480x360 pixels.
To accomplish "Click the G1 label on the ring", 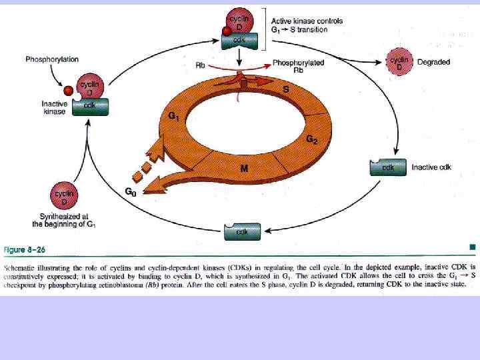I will click(x=173, y=117).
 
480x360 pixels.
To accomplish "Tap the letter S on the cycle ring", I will click(x=286, y=88).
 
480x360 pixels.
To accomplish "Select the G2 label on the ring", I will click(x=311, y=139).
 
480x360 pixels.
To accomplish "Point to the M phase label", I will click(x=244, y=169).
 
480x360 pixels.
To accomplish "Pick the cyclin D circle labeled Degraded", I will click(x=400, y=63).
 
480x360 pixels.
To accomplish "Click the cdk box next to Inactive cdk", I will click(x=387, y=167).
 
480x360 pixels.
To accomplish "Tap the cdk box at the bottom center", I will click(x=241, y=231).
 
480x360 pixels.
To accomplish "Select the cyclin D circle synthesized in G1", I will click(x=64, y=197).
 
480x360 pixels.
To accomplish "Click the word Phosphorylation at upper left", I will click(x=51, y=60).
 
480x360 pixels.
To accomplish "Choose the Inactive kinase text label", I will click(x=54, y=108).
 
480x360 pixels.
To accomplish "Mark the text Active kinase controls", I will click(x=307, y=21).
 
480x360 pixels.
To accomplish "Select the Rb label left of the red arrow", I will click(x=199, y=65).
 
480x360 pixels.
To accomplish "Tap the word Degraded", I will click(x=434, y=62).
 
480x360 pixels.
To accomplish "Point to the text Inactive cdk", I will click(x=431, y=167).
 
